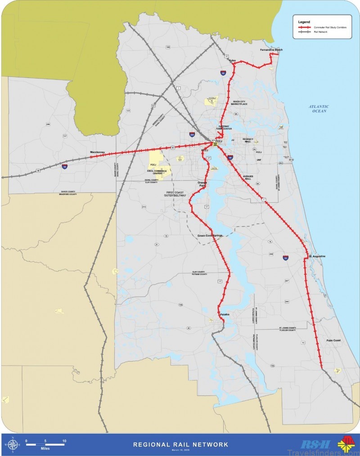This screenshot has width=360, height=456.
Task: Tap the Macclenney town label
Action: pyautogui.click(x=97, y=152)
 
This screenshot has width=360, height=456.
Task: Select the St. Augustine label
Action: pyautogui.click(x=317, y=256)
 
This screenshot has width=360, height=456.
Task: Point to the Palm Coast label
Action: pyautogui.click(x=333, y=340)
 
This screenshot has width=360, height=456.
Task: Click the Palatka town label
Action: pyautogui.click(x=225, y=314)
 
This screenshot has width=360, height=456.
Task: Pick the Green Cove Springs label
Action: pyautogui.click(x=210, y=235)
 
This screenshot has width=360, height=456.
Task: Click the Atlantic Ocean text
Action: pyautogui.click(x=319, y=108)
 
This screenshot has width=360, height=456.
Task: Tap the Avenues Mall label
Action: pyautogui.click(x=249, y=177)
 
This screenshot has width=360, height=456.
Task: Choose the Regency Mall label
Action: pyautogui.click(x=248, y=141)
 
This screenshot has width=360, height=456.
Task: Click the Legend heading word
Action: pyautogui.click(x=304, y=22)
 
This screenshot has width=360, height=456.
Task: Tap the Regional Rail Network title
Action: pyautogui.click(x=180, y=444)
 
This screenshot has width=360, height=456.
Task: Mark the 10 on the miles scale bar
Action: pyautogui.click(x=65, y=441)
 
